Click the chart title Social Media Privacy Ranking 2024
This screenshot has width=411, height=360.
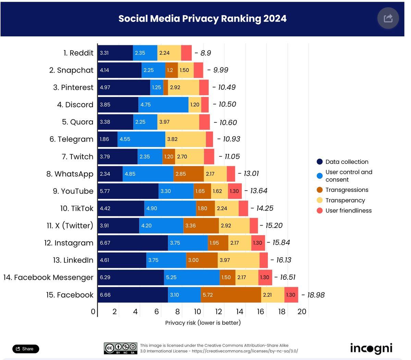[202, 19]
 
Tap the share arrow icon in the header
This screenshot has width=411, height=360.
[388, 18]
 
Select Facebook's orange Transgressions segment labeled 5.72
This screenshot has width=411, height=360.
[231, 295]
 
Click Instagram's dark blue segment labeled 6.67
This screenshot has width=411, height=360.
[133, 243]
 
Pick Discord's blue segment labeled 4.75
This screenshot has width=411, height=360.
[163, 105]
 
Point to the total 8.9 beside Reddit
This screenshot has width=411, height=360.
[205, 53]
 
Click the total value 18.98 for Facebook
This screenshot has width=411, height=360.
[315, 295]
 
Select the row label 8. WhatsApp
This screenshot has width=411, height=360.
[70, 174]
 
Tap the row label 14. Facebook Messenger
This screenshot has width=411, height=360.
[48, 277]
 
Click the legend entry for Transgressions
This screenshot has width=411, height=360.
[347, 190]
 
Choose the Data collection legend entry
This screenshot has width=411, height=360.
[347, 162]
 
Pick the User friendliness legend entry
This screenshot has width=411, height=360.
[348, 211]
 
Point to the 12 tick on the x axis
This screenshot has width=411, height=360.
[219, 311]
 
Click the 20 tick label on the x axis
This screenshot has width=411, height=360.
[302, 311]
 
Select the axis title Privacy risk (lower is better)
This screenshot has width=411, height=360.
[203, 323]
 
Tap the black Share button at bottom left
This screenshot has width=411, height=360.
[26, 349]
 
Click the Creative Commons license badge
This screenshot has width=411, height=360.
[121, 348]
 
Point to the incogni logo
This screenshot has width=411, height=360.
[371, 348]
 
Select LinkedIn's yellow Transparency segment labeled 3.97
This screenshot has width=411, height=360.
[238, 260]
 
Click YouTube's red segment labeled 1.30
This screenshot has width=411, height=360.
[235, 191]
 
